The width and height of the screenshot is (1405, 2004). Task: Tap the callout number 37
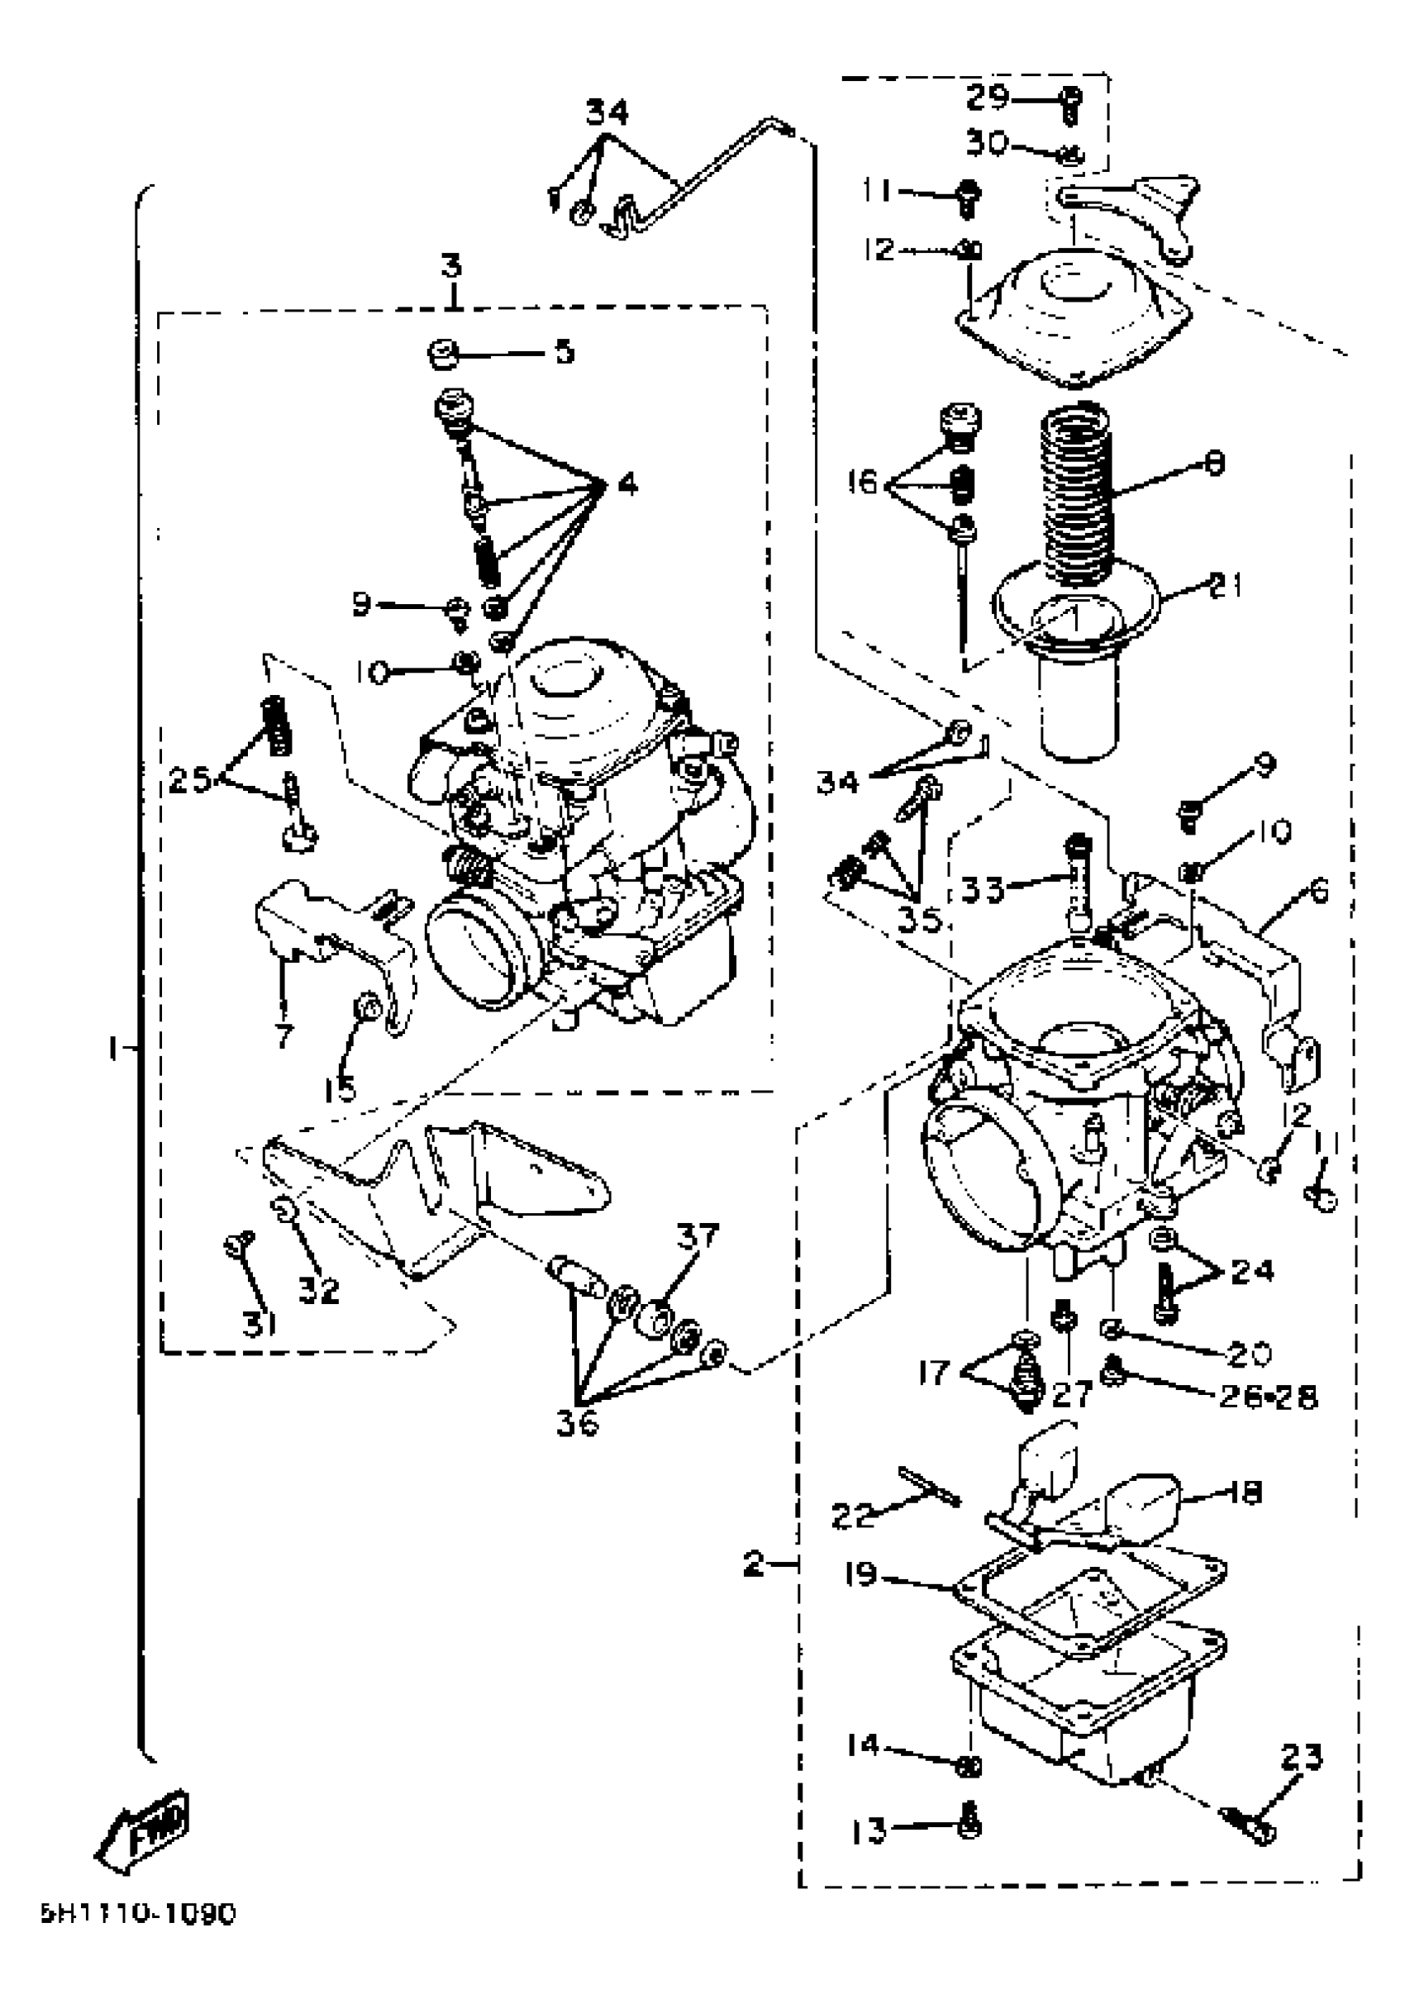click(x=698, y=1236)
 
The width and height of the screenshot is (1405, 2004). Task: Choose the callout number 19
click(x=860, y=1576)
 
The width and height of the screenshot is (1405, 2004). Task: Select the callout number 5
click(x=564, y=352)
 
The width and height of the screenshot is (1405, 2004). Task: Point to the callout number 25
click(x=190, y=778)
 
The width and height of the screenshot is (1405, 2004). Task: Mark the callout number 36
click(x=578, y=1424)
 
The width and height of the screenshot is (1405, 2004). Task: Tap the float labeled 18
click(x=1135, y=1503)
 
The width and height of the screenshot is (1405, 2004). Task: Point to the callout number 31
click(x=260, y=1326)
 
